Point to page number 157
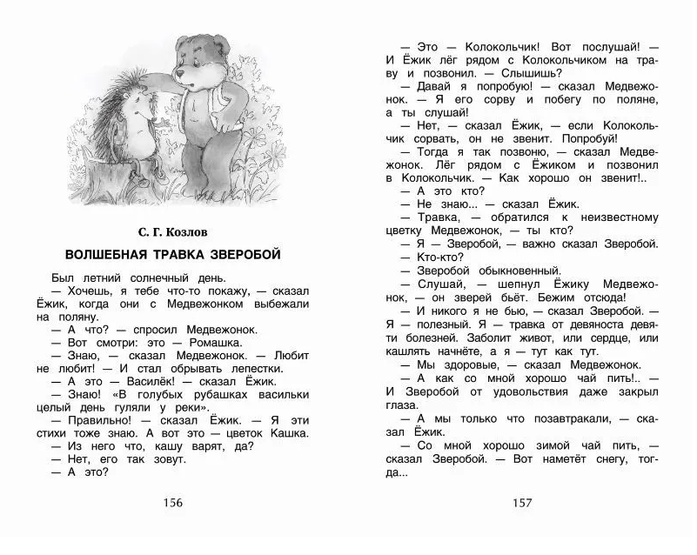520,502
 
